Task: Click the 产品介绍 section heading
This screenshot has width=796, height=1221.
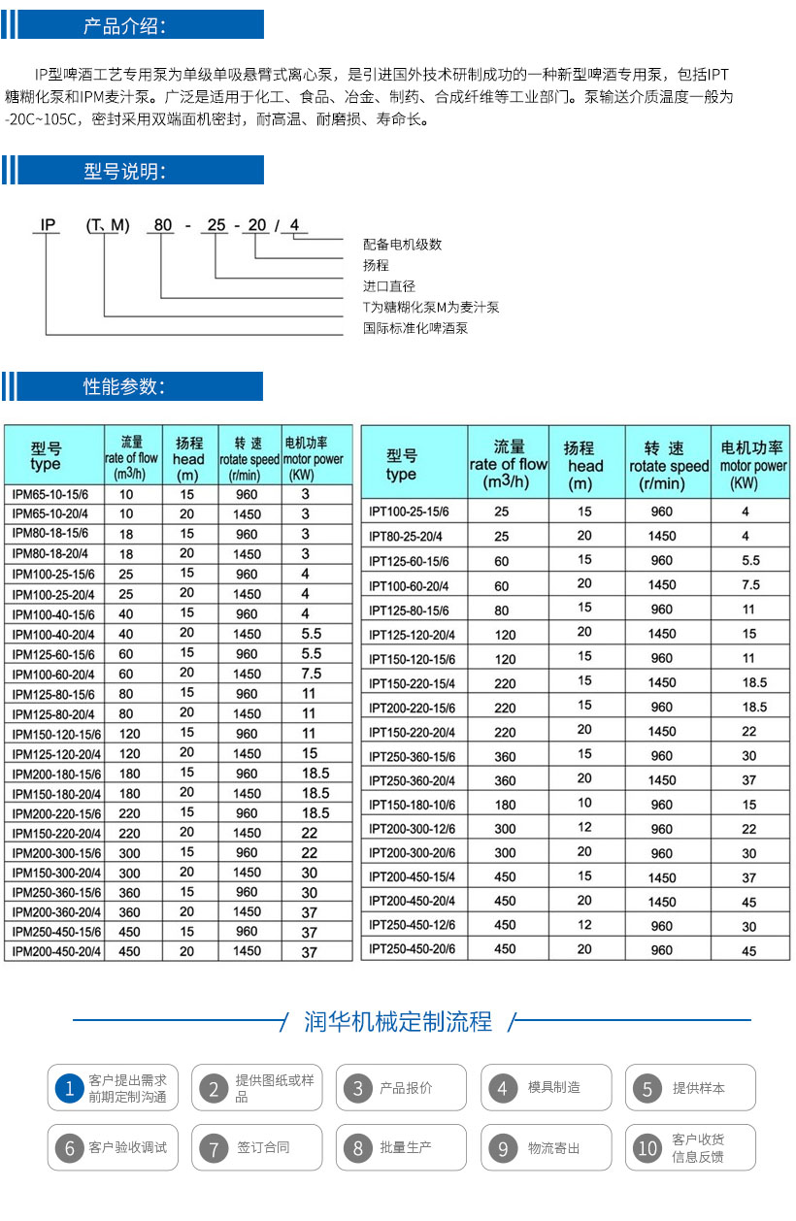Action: click(x=124, y=26)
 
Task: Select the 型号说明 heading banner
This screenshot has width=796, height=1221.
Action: click(x=124, y=172)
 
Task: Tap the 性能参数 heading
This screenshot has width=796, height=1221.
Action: click(x=124, y=386)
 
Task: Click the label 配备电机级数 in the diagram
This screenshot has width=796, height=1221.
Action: click(x=402, y=245)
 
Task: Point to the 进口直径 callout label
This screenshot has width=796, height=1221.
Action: click(x=388, y=286)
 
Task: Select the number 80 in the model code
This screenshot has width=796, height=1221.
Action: click(x=163, y=226)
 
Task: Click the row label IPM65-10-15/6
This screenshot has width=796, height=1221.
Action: click(x=50, y=494)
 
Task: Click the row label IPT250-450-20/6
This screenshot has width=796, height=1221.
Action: click(x=413, y=949)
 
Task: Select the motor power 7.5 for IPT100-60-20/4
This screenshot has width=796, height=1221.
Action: click(x=750, y=584)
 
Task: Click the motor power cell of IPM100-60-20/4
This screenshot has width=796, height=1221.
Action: click(x=311, y=674)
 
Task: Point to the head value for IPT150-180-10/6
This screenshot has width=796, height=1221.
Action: click(x=584, y=804)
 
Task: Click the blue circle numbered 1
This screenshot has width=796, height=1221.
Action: click(x=68, y=1088)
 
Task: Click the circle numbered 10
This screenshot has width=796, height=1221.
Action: click(x=647, y=1148)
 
